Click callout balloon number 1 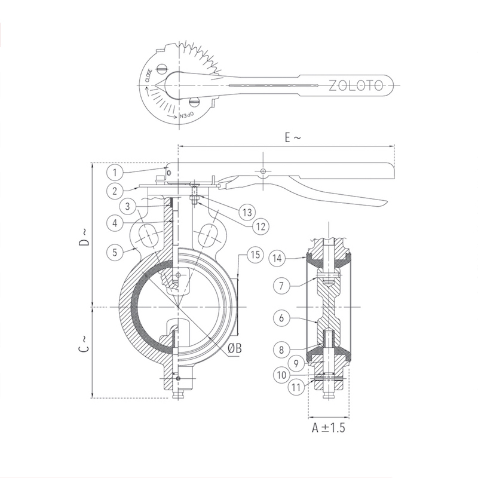[x=115, y=173]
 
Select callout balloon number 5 [x=115, y=252]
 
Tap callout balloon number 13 [x=247, y=212]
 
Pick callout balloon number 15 [x=255, y=255]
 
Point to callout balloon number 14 [x=277, y=259]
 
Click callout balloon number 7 [x=281, y=286]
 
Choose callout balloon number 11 [x=296, y=387]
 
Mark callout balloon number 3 [x=127, y=206]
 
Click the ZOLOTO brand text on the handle [x=356, y=85]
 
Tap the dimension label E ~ [x=293, y=138]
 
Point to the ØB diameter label [x=235, y=348]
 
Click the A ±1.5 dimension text [x=329, y=428]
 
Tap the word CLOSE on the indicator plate [x=148, y=76]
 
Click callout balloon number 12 [x=261, y=226]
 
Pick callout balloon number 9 [x=296, y=363]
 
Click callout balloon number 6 [x=281, y=318]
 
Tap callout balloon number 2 [x=115, y=191]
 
